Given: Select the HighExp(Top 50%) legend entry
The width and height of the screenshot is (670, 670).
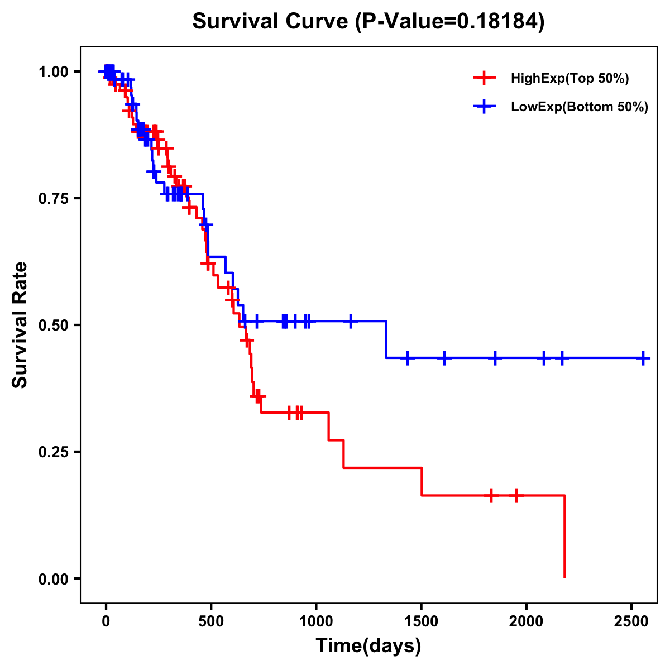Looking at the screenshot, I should tap(569, 79).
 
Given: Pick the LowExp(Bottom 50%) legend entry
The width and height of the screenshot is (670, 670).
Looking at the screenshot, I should tap(579, 107).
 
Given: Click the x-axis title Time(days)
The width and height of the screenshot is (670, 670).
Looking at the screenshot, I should tap(368, 646).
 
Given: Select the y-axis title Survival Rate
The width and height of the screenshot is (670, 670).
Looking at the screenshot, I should tap(20, 325).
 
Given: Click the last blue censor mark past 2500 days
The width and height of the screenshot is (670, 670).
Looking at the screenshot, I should tap(643, 358).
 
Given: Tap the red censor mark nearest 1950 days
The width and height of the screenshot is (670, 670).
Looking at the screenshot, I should tap(516, 495).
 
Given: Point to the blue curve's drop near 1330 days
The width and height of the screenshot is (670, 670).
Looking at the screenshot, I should tap(386, 339).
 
